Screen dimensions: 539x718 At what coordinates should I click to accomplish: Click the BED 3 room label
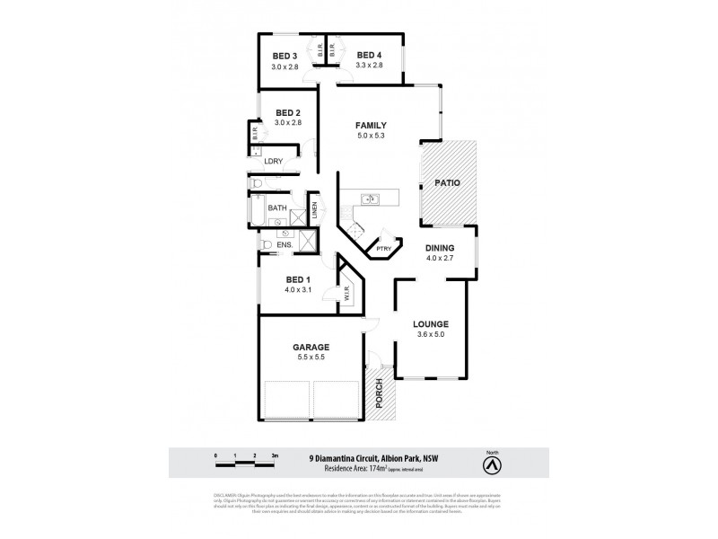[285, 54]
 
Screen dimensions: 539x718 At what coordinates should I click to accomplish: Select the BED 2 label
[287, 112]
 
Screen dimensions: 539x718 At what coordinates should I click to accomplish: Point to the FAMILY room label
[370, 125]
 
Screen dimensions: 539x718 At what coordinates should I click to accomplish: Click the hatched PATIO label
[448, 182]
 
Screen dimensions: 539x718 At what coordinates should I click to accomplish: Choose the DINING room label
[440, 248]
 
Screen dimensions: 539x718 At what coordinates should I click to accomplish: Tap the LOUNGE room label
[430, 323]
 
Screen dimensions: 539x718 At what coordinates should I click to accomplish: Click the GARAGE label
[311, 347]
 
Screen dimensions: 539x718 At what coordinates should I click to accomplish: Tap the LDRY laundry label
[274, 162]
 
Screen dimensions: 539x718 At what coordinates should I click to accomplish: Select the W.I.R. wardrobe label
[345, 293]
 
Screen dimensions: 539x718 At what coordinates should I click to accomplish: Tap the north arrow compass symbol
[491, 464]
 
